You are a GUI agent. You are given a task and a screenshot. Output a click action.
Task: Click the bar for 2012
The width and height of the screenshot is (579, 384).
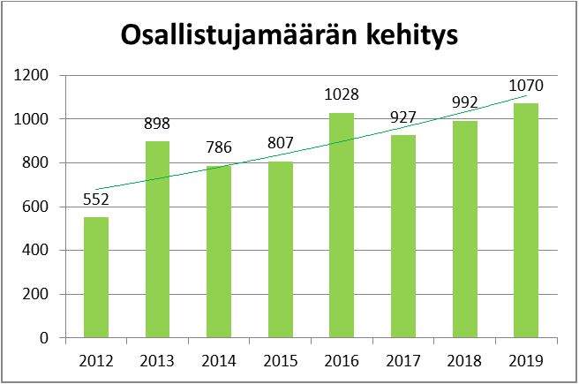point(96,277)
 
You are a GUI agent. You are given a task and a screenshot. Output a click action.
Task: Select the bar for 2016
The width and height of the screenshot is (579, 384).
point(341,225)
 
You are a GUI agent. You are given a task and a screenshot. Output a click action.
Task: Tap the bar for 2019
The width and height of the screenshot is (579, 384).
point(524,221)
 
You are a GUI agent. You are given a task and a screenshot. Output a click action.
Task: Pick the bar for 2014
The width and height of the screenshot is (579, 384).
point(219,252)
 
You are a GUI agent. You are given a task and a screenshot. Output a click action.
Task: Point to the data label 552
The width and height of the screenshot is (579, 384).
point(96,200)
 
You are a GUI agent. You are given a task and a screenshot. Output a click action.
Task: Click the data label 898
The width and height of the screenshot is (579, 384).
point(157,124)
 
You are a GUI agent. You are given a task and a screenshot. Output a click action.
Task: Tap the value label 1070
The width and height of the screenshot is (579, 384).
point(525,87)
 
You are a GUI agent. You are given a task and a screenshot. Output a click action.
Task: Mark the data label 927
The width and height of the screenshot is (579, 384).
point(402,117)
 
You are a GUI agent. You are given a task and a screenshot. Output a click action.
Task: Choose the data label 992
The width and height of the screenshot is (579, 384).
point(463,103)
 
